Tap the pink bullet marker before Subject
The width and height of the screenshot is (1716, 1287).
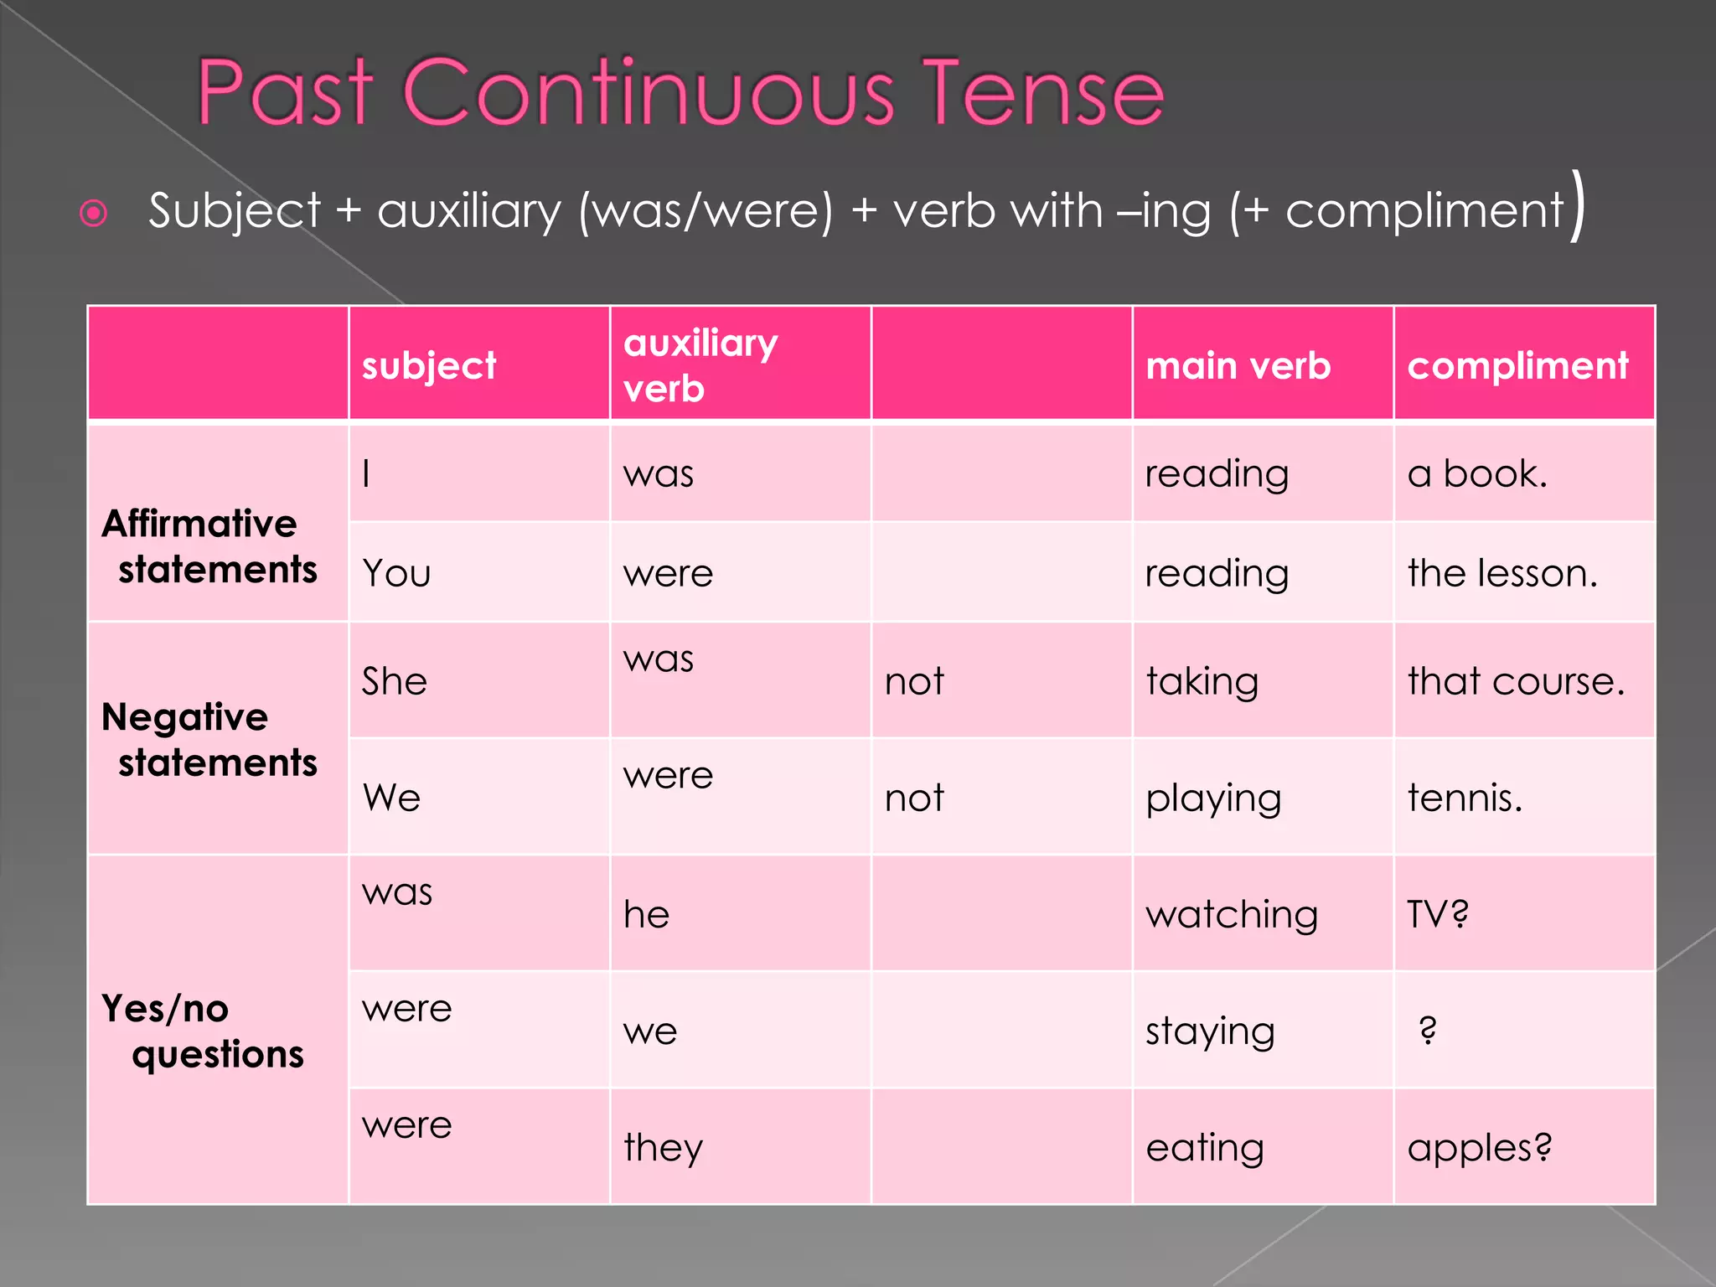(93, 213)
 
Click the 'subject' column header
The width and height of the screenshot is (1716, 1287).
(429, 366)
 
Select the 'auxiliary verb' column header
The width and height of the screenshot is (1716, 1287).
(700, 365)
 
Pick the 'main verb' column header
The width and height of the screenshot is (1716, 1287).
(1238, 366)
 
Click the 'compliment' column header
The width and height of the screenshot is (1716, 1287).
(1517, 366)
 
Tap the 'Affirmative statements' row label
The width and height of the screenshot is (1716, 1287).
(209, 546)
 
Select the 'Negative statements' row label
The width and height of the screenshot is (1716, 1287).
(209, 740)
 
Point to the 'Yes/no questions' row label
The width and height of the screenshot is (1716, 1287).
(202, 1031)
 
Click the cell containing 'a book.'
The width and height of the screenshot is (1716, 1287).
(1476, 474)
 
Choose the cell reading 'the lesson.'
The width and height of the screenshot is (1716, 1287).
(1502, 574)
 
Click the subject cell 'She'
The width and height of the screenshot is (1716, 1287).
(395, 681)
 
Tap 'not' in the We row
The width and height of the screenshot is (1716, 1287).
(914, 798)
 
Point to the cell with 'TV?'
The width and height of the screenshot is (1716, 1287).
(1438, 914)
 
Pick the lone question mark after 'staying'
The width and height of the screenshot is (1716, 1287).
(1429, 1030)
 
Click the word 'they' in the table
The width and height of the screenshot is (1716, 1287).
(663, 1147)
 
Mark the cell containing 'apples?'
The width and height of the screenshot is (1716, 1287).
(1479, 1147)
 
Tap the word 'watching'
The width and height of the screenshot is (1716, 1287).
(1232, 914)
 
